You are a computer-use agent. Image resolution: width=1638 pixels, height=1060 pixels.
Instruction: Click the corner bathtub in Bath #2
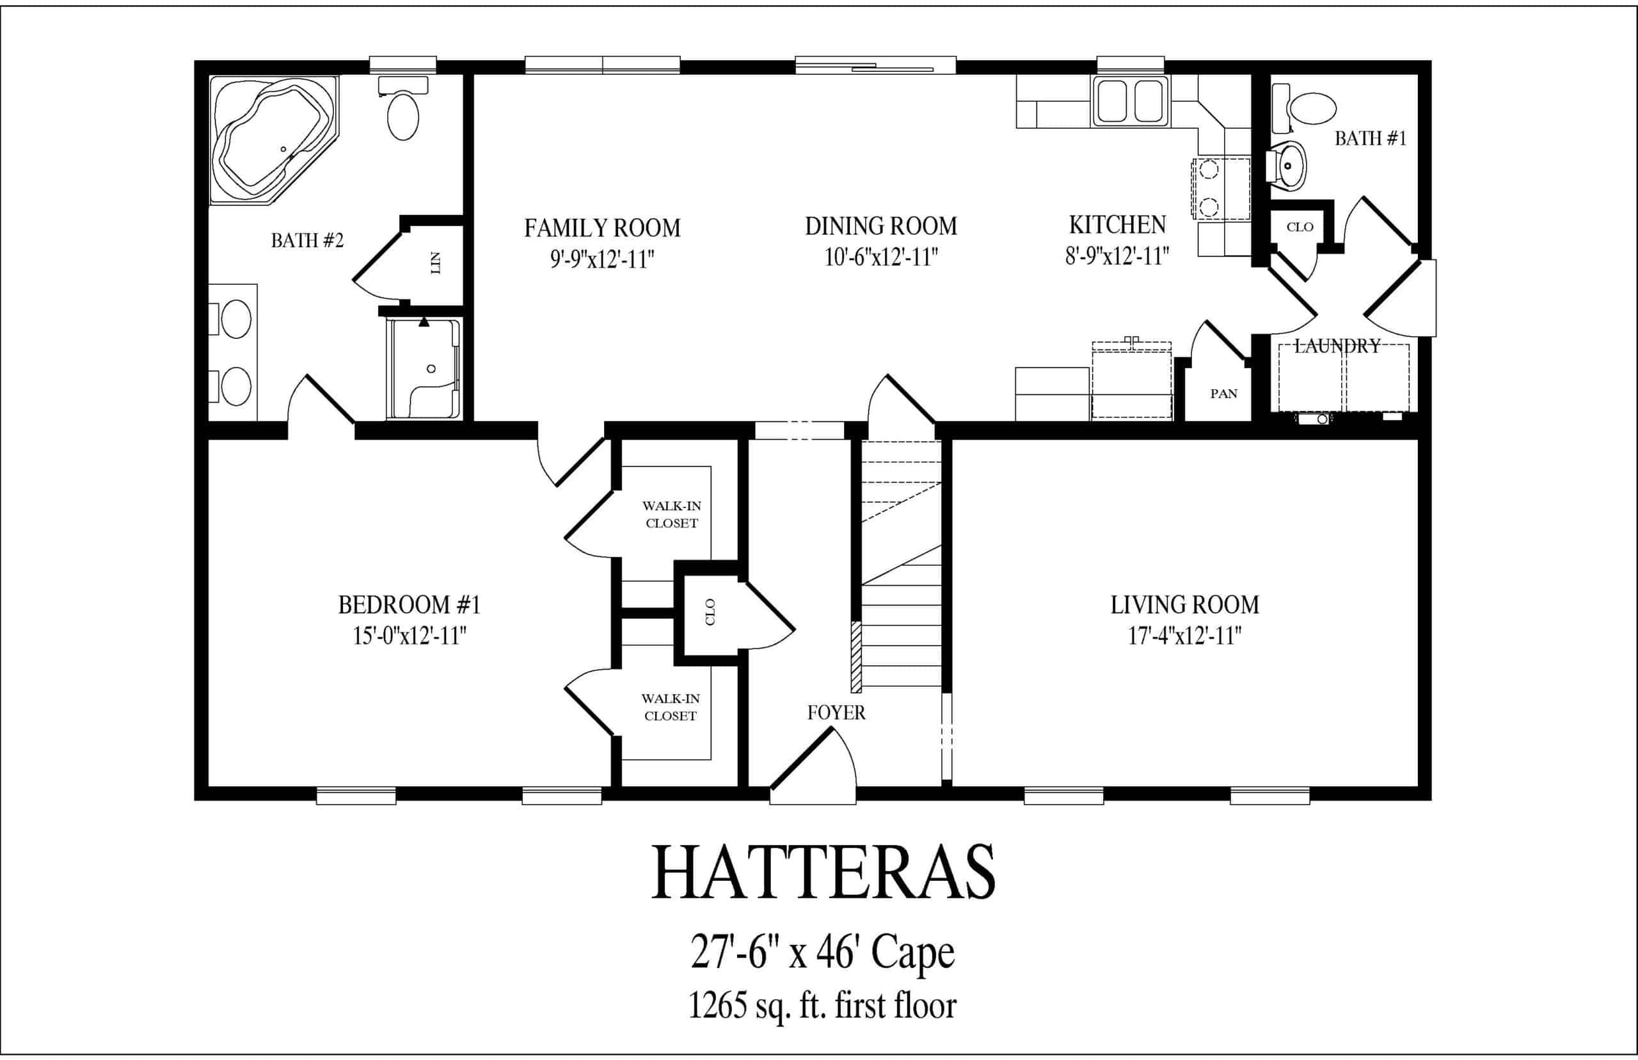(274, 140)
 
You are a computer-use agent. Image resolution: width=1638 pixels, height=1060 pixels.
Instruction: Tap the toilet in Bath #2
(403, 108)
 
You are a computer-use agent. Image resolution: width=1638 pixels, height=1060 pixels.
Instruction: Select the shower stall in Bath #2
(424, 368)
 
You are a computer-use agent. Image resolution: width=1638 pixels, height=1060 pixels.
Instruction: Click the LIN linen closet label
(435, 262)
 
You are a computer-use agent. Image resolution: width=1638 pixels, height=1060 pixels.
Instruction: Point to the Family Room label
(603, 228)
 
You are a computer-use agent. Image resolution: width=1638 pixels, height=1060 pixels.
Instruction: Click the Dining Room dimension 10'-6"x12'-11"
(881, 257)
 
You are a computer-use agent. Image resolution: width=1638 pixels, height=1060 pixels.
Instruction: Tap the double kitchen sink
(1129, 101)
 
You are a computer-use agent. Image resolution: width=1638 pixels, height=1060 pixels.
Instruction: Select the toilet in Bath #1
(1303, 108)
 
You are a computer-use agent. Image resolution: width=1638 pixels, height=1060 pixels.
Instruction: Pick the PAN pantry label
(1224, 394)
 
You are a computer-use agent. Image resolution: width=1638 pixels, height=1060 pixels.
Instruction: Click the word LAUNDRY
(1337, 346)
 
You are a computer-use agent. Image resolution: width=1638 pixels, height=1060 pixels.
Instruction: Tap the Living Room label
(1184, 605)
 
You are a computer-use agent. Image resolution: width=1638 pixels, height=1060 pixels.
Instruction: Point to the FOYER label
(836, 712)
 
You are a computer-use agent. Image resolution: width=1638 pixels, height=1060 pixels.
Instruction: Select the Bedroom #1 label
(409, 605)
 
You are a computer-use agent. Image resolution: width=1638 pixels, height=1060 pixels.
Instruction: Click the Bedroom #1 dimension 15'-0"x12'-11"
(409, 636)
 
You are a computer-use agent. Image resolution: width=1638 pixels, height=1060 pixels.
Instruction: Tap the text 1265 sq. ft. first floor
(822, 1006)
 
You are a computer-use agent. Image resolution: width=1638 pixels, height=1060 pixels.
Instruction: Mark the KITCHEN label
(1117, 225)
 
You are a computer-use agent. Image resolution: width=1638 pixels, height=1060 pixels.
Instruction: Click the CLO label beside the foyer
(710, 612)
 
